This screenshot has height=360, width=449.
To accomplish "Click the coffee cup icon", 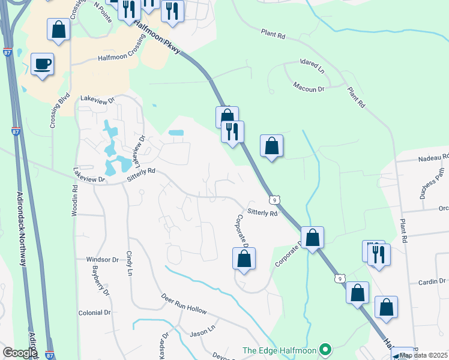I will coord(42,64).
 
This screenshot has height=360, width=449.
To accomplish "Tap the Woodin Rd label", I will coord(75,196).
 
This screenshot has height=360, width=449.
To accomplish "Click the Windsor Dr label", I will coord(103,260).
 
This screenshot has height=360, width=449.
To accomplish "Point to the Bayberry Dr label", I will coord(100,281).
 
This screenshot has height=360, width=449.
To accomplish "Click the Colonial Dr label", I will coord(95,313).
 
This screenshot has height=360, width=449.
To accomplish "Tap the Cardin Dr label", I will coord(433,281).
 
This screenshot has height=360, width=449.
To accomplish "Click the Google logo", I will coord(19,353).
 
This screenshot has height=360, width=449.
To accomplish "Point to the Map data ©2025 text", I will coord(424,355).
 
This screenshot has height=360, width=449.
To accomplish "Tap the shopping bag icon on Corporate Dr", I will coord(244,259).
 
